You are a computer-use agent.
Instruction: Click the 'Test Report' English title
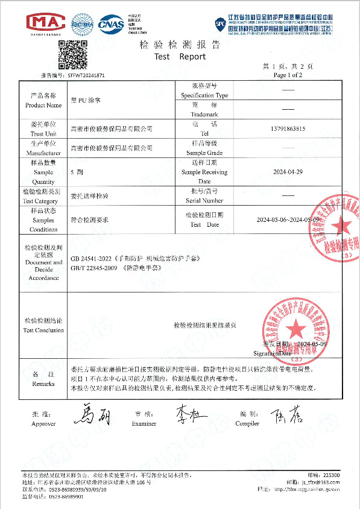[180, 57]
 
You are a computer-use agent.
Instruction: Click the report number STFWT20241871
[86, 76]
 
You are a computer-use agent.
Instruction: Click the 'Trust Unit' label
[43, 133]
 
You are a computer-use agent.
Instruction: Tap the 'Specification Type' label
[204, 96]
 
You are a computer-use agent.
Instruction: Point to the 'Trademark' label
[204, 114]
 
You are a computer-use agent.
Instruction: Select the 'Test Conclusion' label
[43, 330]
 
